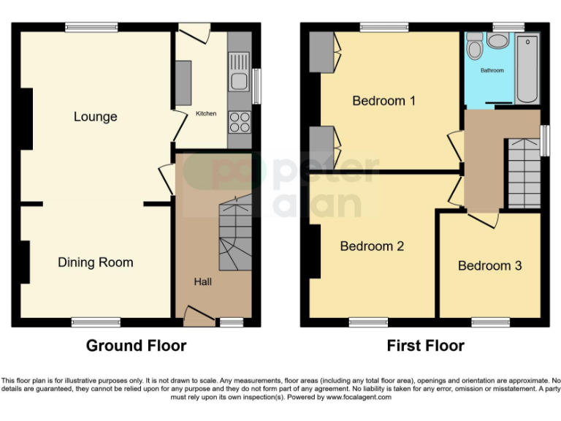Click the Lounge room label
95,117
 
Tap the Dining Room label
96,262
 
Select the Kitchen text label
205,114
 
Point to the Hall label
202,281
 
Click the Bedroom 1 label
383,101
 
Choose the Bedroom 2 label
372,246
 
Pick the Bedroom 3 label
489,265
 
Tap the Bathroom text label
492,71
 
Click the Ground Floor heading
136,345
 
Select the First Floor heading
426,345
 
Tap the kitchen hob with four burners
239,121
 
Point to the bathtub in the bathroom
527,69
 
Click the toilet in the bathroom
475,48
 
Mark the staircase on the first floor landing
524,174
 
